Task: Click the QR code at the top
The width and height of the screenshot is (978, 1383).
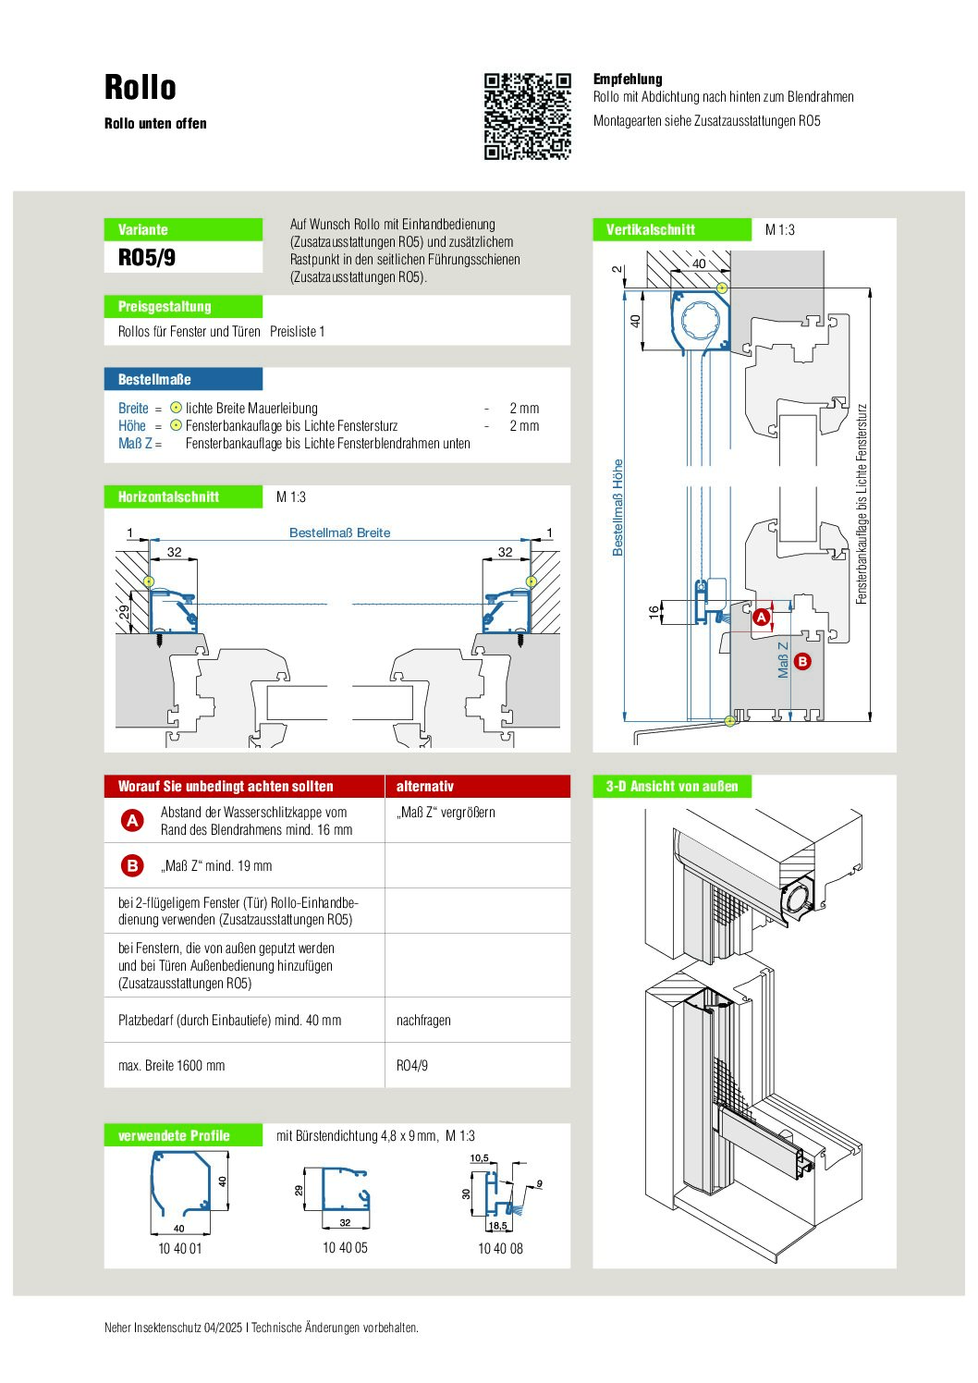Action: click(x=528, y=116)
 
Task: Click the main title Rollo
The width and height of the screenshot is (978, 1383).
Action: click(x=141, y=88)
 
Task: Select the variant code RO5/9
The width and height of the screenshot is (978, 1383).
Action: click(x=147, y=257)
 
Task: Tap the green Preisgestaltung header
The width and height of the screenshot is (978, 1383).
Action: click(x=165, y=307)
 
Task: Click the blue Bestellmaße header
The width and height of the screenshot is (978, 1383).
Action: click(x=154, y=379)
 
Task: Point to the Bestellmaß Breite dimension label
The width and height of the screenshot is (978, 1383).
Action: click(x=339, y=532)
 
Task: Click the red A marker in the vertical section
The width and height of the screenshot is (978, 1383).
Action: click(x=762, y=617)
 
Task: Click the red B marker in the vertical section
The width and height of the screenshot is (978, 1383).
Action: click(x=802, y=661)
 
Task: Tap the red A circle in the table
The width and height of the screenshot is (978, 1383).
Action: click(x=133, y=820)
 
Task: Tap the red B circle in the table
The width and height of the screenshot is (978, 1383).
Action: click(x=133, y=865)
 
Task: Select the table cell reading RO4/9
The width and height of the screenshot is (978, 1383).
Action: click(x=412, y=1066)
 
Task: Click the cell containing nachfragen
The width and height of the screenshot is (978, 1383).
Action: click(x=423, y=1021)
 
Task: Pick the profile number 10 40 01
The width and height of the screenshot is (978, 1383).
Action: click(x=179, y=1248)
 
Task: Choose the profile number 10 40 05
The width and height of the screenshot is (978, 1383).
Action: click(x=345, y=1248)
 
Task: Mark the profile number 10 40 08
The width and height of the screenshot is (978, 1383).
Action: click(x=500, y=1248)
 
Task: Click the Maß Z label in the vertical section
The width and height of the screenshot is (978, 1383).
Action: click(x=783, y=660)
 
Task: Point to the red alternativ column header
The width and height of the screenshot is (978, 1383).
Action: click(x=425, y=787)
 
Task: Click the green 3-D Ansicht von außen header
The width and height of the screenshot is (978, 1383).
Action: click(x=672, y=787)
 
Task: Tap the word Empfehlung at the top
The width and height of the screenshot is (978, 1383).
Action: click(x=628, y=80)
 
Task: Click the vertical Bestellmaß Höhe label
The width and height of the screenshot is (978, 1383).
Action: click(x=617, y=508)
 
